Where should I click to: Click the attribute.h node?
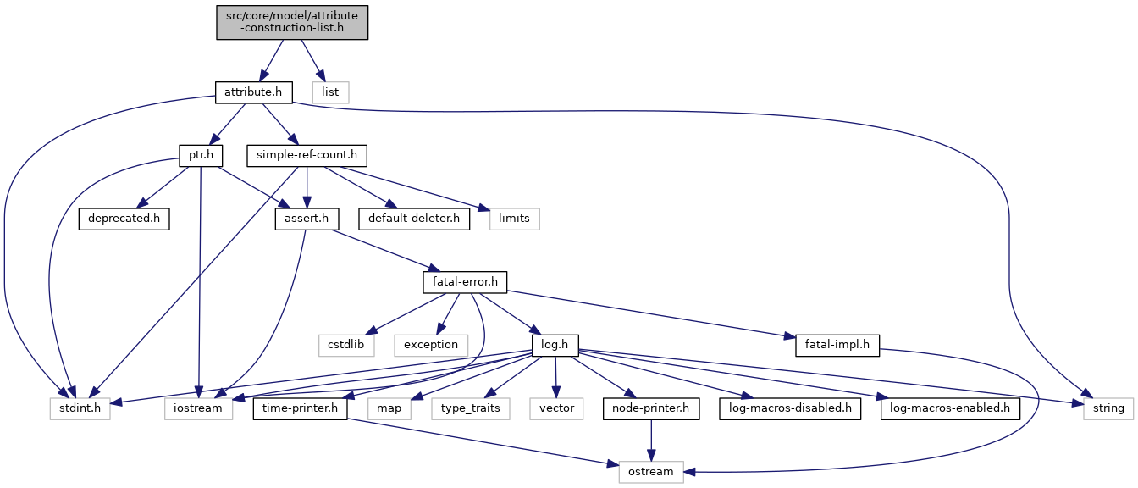[x=253, y=92]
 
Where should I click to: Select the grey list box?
[x=330, y=92]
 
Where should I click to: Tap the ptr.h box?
[x=201, y=156]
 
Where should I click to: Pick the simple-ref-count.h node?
[x=307, y=156]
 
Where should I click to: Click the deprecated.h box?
[x=124, y=219]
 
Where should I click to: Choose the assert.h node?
[x=307, y=219]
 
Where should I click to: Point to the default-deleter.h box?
[x=414, y=219]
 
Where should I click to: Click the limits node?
[x=514, y=219]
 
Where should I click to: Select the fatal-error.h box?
[x=465, y=282]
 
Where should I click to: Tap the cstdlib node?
[x=346, y=345]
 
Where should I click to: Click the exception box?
[x=431, y=345]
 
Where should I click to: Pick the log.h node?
[x=555, y=345]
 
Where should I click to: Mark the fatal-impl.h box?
[x=837, y=345]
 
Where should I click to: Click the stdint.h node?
[x=80, y=408]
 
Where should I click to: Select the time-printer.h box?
[x=300, y=408]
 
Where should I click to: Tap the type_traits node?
[x=471, y=408]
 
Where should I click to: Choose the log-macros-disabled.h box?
[x=790, y=408]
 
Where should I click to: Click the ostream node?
[x=651, y=472]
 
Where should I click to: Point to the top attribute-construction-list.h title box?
[x=292, y=22]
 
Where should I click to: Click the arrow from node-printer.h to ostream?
[x=651, y=441]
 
